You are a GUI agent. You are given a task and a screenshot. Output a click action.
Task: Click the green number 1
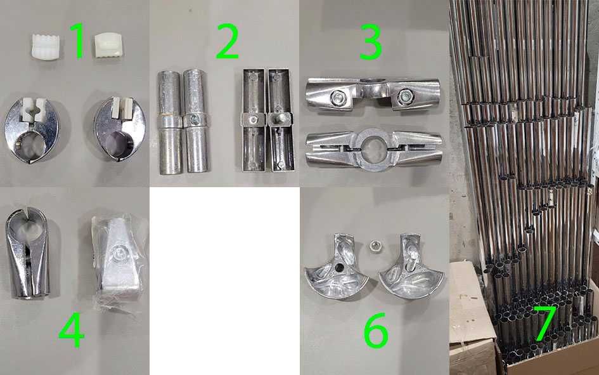pos(79,41)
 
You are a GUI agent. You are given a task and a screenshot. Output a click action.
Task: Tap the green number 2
pos(228,41)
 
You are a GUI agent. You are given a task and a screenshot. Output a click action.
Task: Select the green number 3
pos(371,42)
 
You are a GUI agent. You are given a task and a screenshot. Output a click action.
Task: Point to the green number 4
pos(72,329)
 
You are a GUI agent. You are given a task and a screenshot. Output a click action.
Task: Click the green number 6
pos(376,330)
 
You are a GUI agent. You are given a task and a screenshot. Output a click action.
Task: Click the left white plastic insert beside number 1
pos(46,48)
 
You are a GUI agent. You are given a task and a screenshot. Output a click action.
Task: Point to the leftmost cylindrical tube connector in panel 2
pos(170,122)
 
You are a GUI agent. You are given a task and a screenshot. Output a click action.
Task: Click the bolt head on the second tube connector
pos(195,120)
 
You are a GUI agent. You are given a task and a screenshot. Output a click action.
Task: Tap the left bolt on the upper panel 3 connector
pos(338,98)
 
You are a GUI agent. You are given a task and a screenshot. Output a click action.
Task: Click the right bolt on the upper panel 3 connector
pos(404,96)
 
